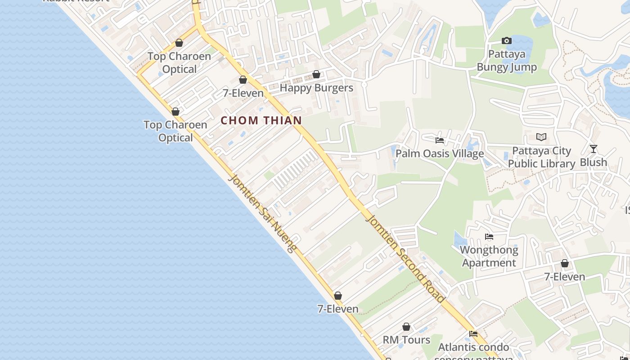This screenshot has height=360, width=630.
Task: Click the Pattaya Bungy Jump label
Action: point(507,61)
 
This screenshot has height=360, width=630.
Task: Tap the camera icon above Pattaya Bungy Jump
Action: point(507,41)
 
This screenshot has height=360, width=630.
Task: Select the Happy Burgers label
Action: point(316,88)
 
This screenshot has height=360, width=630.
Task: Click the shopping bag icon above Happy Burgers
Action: point(316,74)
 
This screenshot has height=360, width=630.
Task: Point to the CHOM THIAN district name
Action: point(261,121)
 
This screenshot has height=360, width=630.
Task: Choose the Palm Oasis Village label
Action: point(440,153)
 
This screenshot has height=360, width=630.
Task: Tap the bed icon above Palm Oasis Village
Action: point(440,140)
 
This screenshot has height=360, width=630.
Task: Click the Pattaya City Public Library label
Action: point(541,157)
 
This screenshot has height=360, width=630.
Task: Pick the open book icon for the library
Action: point(541,137)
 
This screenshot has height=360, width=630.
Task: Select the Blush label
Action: point(594,162)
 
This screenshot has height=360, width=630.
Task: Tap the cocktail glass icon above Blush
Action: point(594,149)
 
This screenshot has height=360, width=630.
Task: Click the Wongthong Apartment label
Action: point(489,256)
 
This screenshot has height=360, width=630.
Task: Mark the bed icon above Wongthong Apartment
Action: point(489,237)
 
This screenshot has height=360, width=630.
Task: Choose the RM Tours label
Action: point(406,340)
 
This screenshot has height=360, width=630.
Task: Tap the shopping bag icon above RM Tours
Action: point(406,327)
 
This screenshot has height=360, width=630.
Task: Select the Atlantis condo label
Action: point(473,347)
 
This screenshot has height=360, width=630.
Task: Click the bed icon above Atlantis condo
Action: point(473,334)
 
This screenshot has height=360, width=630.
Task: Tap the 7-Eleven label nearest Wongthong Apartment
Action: point(565,277)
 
